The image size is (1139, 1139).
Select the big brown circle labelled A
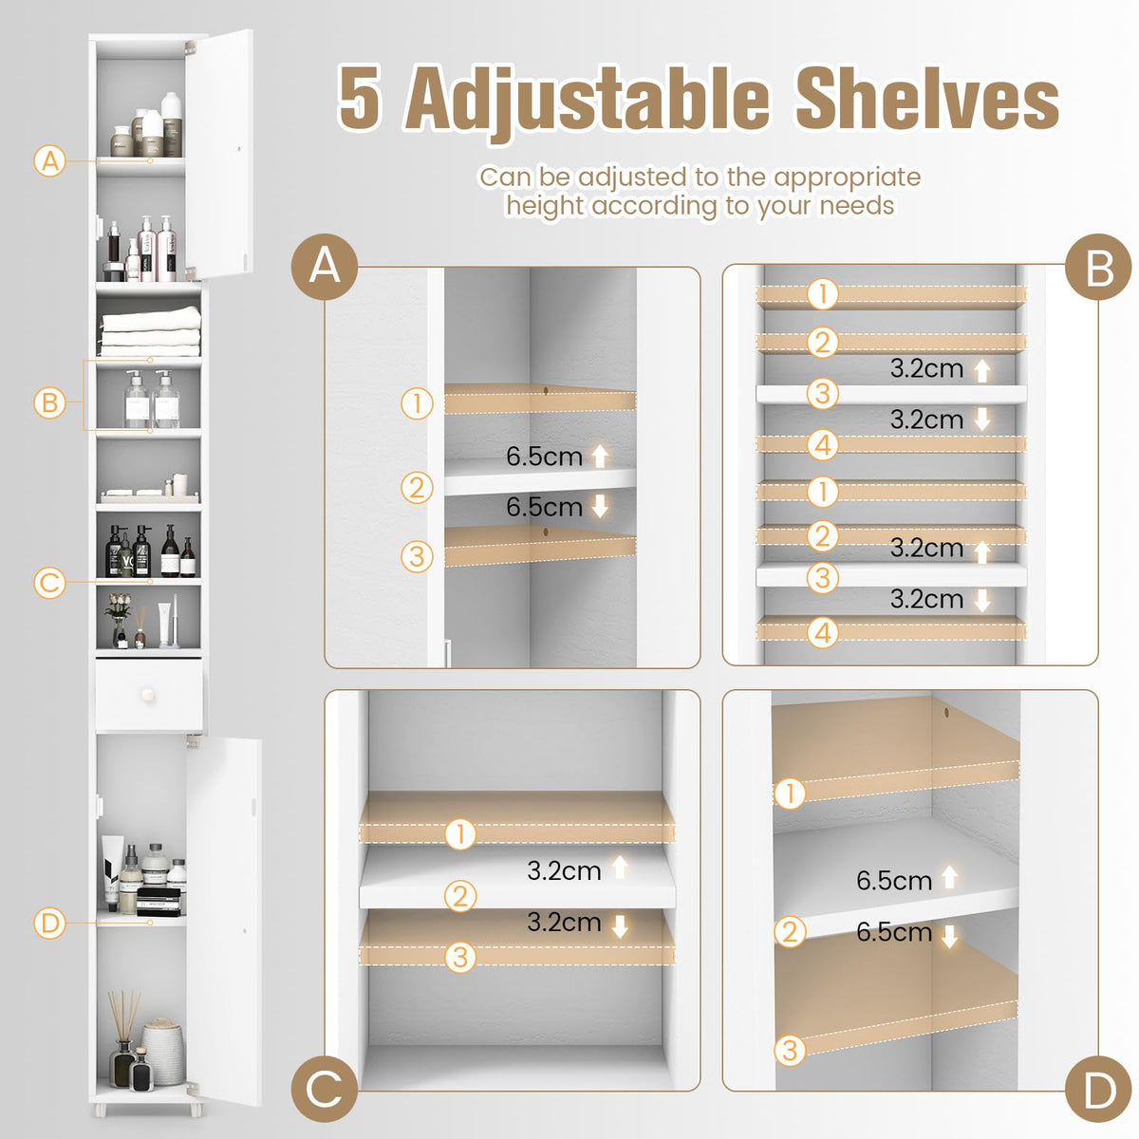[325, 267]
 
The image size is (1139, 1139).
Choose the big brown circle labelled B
[1099, 268]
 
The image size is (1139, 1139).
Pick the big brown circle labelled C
[325, 1089]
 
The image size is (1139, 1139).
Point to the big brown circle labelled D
[1099, 1091]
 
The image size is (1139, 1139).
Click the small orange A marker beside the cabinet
[50, 160]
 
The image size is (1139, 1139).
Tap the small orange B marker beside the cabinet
[50, 402]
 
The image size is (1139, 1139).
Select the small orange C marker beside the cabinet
[50, 582]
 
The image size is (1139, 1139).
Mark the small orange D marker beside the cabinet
[50, 922]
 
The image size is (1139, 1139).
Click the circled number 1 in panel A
[417, 403]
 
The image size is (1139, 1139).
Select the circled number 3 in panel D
[790, 1050]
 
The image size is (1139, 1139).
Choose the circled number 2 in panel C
[460, 895]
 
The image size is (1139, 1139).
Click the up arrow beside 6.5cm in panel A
[600, 457]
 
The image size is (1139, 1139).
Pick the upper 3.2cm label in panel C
[564, 870]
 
